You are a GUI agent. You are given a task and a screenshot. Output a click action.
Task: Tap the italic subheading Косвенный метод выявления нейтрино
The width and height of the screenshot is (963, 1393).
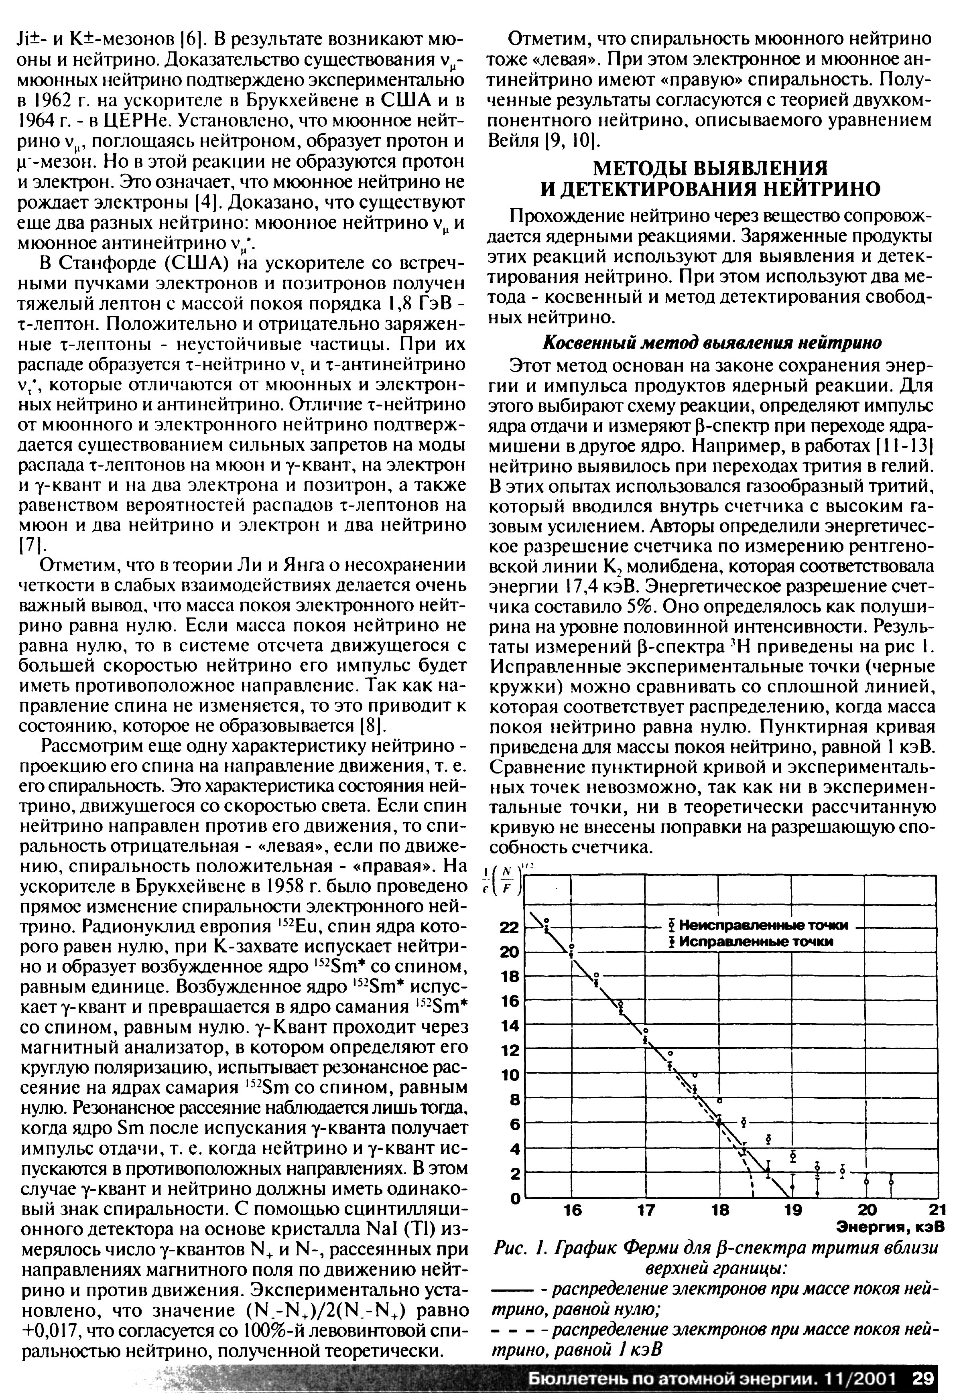click(x=712, y=343)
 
